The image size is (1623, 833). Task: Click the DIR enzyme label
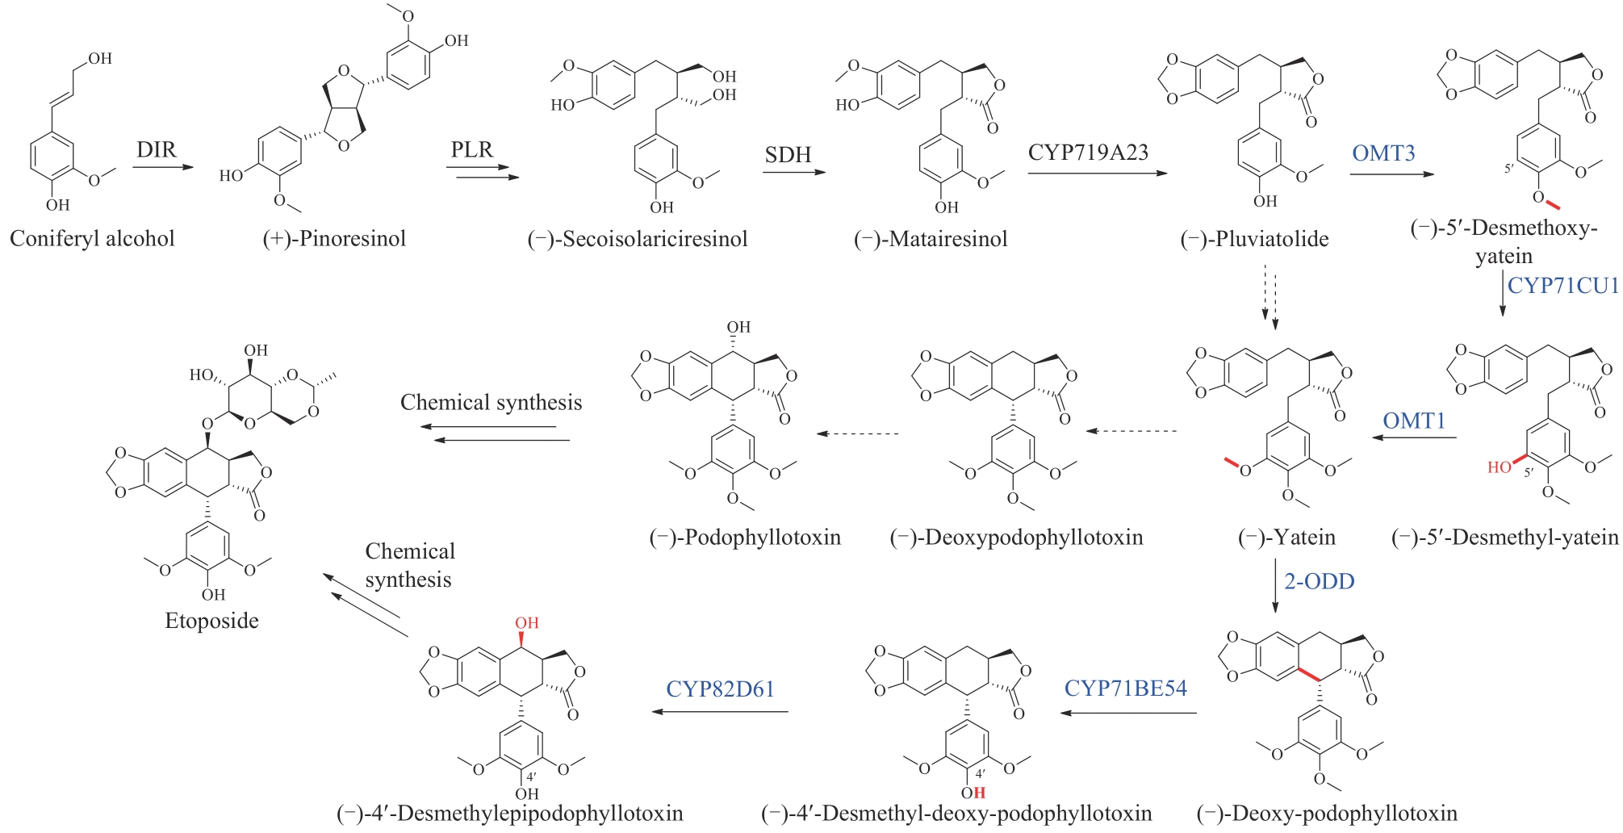(x=156, y=150)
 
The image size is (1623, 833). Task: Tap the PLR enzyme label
(x=471, y=150)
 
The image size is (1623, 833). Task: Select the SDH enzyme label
(x=788, y=154)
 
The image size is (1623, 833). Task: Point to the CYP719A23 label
(x=1088, y=153)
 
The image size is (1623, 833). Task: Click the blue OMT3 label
(x=1383, y=153)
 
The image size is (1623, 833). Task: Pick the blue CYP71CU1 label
(x=1562, y=286)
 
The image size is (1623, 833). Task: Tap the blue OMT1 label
(x=1413, y=421)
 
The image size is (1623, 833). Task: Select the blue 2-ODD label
(x=1319, y=581)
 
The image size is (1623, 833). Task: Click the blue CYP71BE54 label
(x=1125, y=689)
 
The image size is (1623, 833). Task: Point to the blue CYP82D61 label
(x=720, y=689)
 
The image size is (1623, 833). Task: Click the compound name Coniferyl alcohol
(x=92, y=239)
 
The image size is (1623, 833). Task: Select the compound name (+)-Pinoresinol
(x=334, y=239)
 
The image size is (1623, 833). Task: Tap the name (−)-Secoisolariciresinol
(x=638, y=239)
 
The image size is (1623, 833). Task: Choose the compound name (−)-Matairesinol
(x=931, y=239)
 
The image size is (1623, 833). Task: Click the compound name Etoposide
(x=211, y=621)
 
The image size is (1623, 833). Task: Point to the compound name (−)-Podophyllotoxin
(x=745, y=538)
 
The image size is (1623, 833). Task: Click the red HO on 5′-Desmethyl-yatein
(x=1499, y=467)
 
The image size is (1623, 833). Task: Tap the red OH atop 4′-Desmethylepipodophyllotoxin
(x=526, y=623)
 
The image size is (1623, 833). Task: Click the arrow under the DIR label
(x=163, y=168)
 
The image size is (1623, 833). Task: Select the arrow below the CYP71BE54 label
(x=1127, y=713)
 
